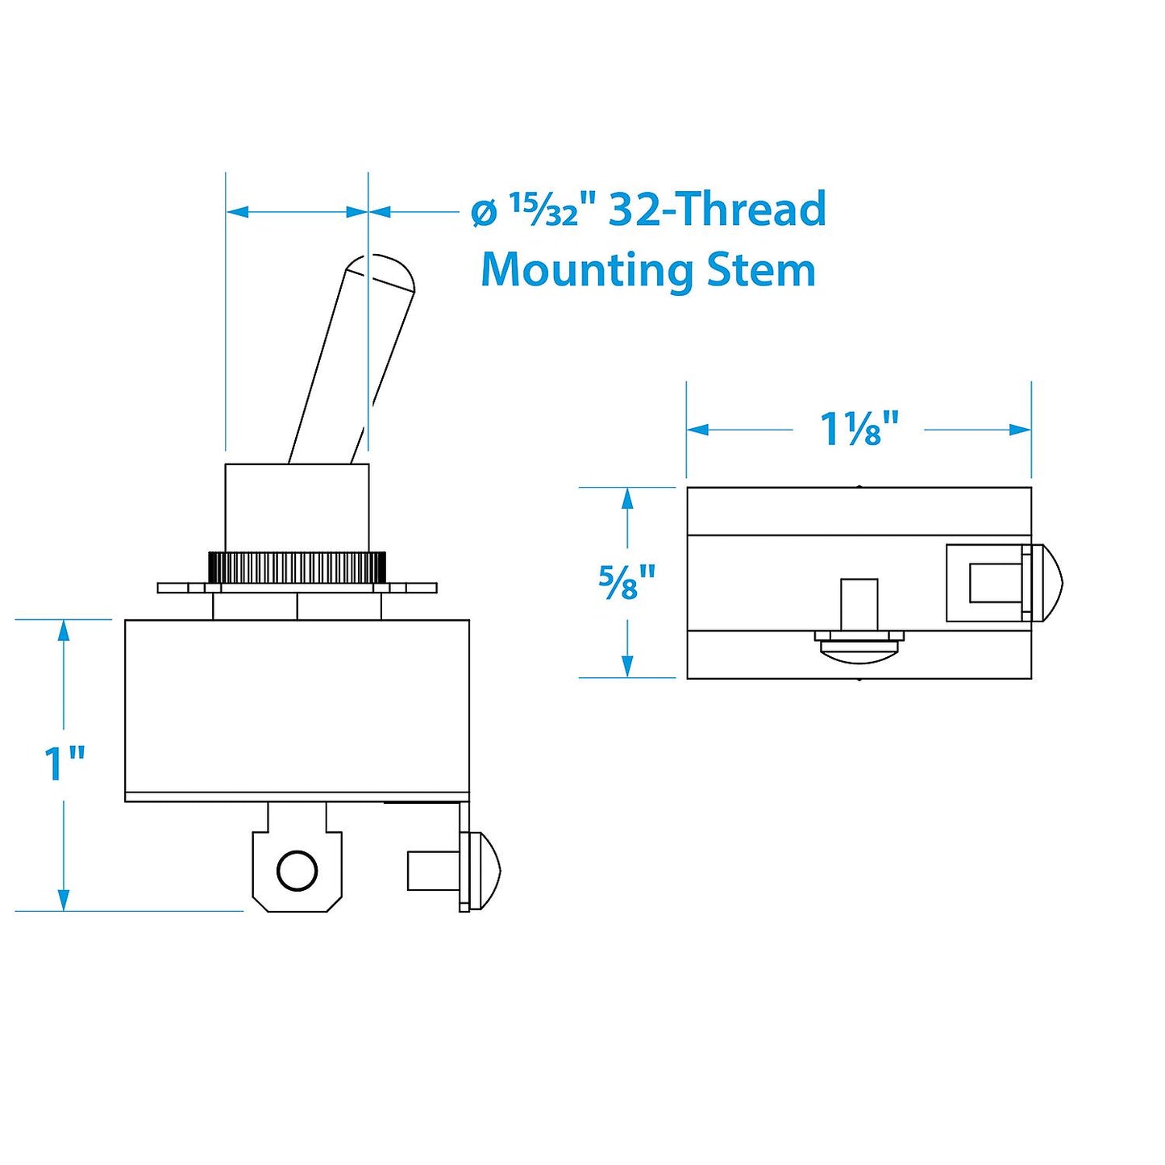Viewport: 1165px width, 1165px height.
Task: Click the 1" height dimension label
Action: (x=64, y=763)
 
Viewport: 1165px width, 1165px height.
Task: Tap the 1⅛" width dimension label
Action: (x=859, y=429)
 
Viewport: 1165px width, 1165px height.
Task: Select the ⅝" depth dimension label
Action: (x=627, y=582)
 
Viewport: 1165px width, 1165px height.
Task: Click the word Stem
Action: (x=760, y=270)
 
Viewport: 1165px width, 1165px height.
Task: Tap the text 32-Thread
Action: (x=717, y=210)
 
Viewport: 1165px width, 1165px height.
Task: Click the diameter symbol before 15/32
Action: (x=483, y=213)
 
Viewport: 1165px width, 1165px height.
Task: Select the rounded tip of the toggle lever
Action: (x=384, y=270)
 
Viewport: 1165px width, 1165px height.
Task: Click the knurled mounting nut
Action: (x=297, y=568)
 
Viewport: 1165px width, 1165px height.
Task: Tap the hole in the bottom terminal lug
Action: (x=297, y=871)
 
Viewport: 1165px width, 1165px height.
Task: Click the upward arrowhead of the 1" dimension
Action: (x=64, y=630)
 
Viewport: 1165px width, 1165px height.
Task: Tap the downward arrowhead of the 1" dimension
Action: (x=64, y=900)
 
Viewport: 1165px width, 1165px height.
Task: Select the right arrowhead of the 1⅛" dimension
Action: (x=1020, y=430)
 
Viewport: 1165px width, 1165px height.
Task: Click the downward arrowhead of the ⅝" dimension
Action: (x=627, y=666)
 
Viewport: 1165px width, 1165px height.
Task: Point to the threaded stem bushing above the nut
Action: (x=297, y=508)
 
